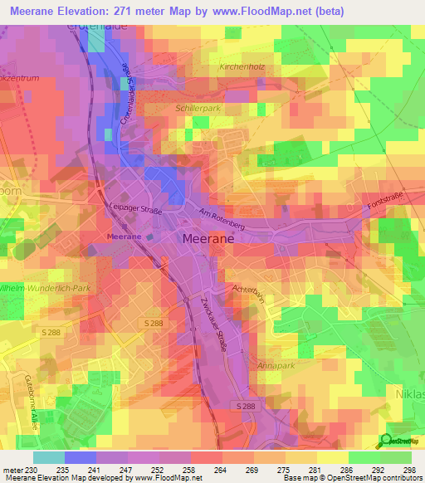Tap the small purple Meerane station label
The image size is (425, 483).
coord(124,237)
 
